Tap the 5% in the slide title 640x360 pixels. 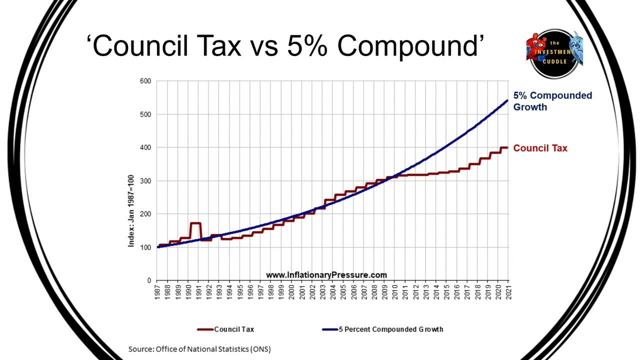coord(307,45)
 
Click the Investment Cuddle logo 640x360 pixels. coord(554,53)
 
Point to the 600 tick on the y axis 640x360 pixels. coord(145,81)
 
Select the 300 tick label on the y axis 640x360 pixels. coord(145,181)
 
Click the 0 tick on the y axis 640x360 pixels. coord(149,280)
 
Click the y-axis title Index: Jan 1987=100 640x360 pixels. coord(131,211)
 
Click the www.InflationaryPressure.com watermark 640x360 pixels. coord(326,275)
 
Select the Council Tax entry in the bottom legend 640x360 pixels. coord(225,329)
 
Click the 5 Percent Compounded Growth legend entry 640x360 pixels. coord(383,329)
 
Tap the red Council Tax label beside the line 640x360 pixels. coord(540,148)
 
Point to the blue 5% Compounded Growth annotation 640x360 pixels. coord(552,101)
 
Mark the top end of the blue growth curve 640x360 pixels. coord(507,100)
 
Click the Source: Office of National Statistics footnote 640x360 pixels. coord(199,349)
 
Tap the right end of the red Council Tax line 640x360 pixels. coord(507,147)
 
